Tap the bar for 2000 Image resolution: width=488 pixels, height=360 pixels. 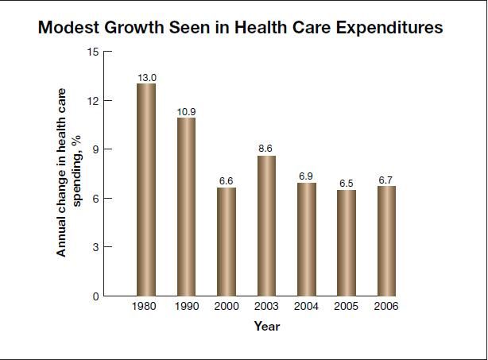pos(227,242)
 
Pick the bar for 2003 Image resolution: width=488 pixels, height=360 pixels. pos(266,226)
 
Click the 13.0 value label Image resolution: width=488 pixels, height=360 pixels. pos(146,77)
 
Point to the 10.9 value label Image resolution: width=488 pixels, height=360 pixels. pos(186,111)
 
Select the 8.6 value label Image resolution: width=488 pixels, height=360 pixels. pos(266,149)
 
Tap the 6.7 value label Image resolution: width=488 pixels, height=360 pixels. pos(386,180)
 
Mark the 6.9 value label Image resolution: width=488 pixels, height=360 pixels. pos(307,176)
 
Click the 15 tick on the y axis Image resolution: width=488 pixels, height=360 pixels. pos(93,52)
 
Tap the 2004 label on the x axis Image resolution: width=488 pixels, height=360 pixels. pos(307,306)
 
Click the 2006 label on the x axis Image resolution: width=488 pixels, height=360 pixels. pos(386,306)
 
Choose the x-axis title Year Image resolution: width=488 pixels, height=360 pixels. pos(266,326)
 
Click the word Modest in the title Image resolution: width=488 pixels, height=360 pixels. pos(69,28)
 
